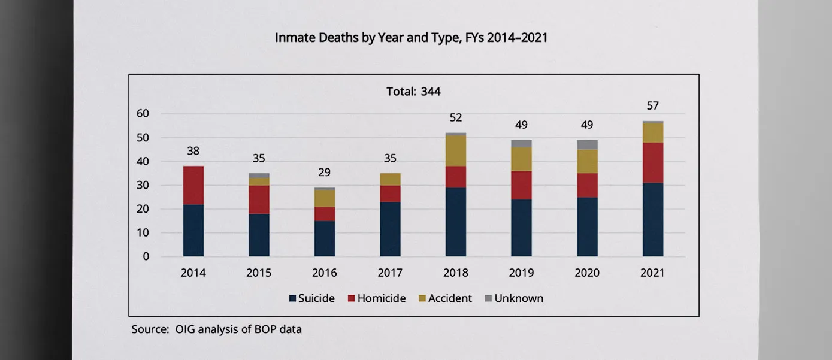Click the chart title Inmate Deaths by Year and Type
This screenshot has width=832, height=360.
pos(411,38)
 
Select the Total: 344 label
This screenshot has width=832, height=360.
pos(413,92)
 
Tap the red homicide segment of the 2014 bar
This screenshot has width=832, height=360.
pos(193,185)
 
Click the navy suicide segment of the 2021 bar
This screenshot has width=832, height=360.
pos(652,220)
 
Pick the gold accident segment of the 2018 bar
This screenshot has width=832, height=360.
pos(456,150)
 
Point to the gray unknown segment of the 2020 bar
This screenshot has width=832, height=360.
pos(587,144)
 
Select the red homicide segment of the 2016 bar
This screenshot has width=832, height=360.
pos(325,214)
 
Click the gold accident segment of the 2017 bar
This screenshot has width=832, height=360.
pos(390,179)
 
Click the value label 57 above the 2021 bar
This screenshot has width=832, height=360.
pos(652,106)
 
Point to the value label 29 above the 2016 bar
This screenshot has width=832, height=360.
pos(325,173)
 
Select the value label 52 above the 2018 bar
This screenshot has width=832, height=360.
pos(456,117)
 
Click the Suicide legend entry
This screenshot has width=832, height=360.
pos(311,298)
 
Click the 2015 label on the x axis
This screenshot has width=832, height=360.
pos(259,273)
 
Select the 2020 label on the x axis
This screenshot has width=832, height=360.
pos(587,273)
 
